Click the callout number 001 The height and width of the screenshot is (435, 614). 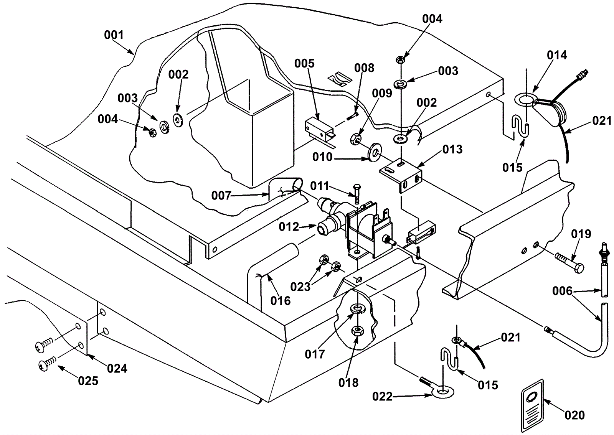(x=114, y=35)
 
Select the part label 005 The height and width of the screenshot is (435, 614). (x=304, y=63)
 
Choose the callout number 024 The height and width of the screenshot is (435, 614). (x=117, y=369)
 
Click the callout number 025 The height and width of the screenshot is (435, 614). (x=88, y=381)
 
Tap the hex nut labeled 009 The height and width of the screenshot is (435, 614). (x=355, y=138)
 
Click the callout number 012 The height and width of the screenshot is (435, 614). (x=289, y=227)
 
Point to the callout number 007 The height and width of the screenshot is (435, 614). (x=221, y=196)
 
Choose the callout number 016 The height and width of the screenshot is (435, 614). (x=281, y=301)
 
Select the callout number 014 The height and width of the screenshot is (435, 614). (x=556, y=55)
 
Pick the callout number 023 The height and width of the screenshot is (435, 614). (x=300, y=287)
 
